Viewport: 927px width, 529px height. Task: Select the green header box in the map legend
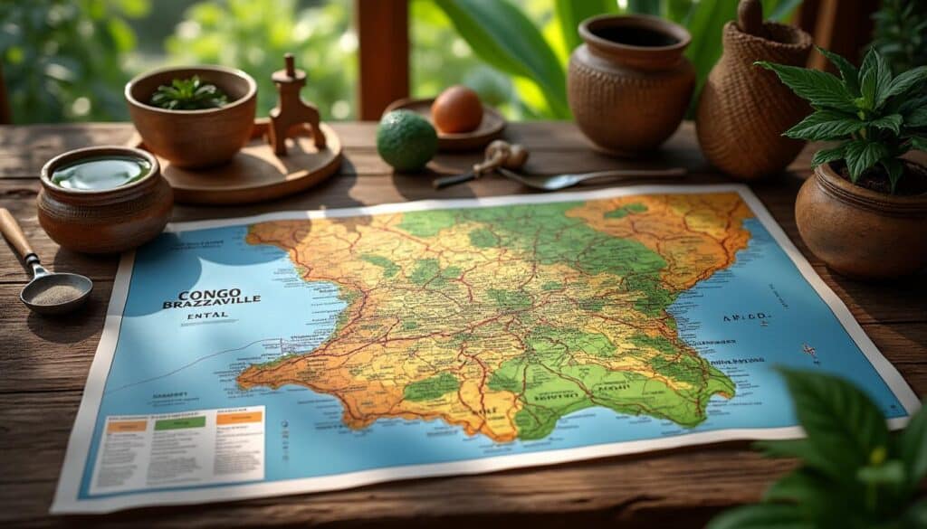click(x=179, y=422)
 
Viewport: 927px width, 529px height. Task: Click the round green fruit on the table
click(x=407, y=140)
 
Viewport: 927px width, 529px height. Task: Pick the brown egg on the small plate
click(x=456, y=109)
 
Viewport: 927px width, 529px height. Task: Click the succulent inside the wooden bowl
click(x=188, y=93)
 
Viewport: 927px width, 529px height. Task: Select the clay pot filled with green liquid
click(x=103, y=197)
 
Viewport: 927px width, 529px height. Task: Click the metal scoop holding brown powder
click(x=57, y=292)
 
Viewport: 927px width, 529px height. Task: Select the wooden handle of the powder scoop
click(x=16, y=235)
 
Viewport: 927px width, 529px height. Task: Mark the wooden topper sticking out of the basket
click(x=750, y=15)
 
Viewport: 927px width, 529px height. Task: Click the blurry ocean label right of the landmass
click(x=745, y=318)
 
